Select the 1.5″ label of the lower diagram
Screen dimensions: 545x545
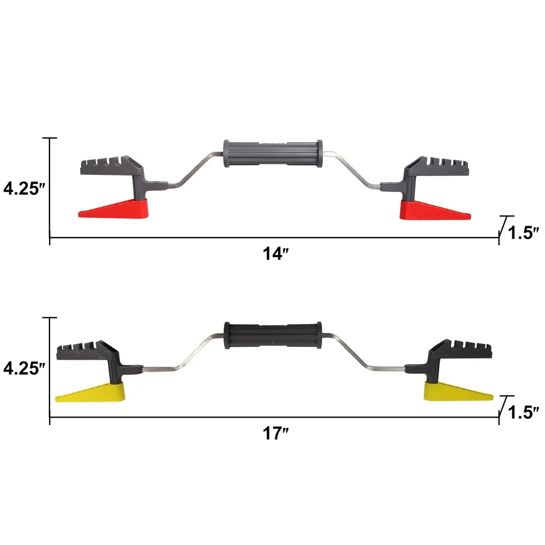(x=523, y=412)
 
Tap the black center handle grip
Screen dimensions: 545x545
(x=273, y=334)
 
